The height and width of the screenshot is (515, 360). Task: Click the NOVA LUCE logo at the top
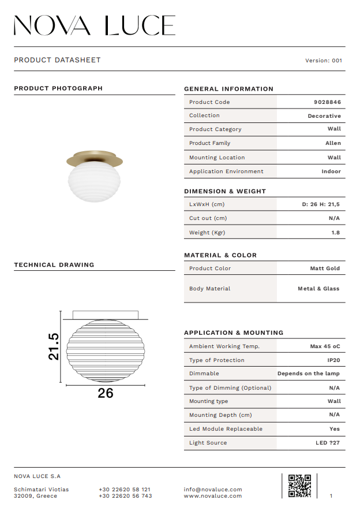(95, 26)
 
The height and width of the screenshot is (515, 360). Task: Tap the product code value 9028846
(327, 102)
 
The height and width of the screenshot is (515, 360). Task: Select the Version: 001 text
(323, 60)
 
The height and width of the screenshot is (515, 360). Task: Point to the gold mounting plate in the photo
(95, 157)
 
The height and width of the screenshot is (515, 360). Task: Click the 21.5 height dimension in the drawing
(53, 346)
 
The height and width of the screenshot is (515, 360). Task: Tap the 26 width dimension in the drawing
(106, 393)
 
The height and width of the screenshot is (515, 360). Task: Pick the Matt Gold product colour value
(325, 268)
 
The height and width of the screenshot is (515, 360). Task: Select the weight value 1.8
(335, 233)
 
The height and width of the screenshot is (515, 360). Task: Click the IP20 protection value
(334, 360)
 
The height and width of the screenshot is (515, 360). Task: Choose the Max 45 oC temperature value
(325, 346)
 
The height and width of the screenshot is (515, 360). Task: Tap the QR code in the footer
(299, 486)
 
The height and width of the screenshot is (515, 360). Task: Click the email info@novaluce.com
(213, 490)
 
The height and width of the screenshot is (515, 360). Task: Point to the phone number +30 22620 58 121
(125, 490)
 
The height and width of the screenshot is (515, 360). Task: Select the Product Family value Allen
(333, 143)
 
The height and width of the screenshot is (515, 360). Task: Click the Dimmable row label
(204, 374)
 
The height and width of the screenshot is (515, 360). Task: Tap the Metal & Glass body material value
(318, 289)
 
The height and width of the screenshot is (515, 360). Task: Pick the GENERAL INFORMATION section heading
(228, 89)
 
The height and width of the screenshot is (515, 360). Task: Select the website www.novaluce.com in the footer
(213, 496)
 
